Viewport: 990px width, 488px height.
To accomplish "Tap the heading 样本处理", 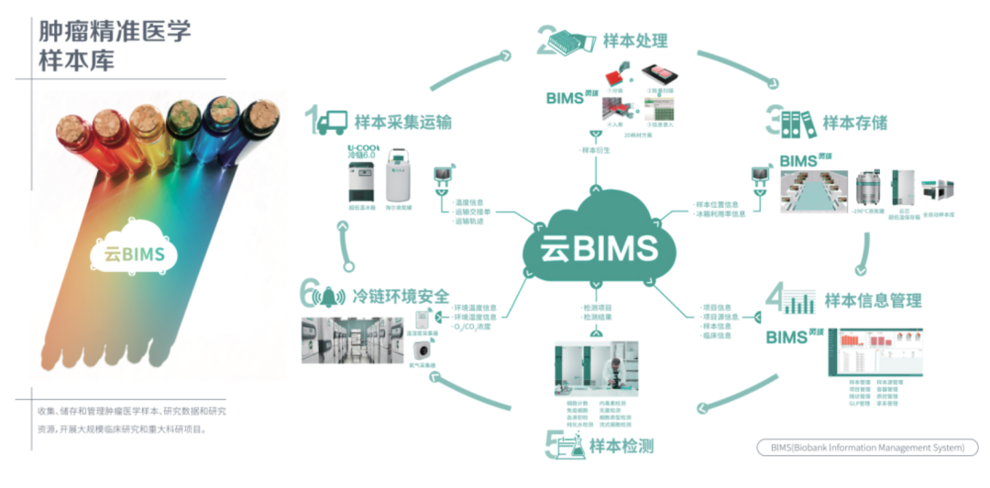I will tap(635, 41).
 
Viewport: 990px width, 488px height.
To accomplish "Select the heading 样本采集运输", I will tap(402, 122).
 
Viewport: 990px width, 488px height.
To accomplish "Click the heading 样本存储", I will tap(854, 123).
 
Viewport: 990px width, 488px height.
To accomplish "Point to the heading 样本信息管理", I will tap(873, 300).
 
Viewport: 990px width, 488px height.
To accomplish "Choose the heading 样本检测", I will tap(621, 446).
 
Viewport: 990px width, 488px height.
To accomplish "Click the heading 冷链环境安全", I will tap(401, 297).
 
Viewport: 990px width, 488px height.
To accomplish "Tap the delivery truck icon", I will tap(334, 121).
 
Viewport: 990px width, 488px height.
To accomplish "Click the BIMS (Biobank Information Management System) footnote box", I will tap(867, 448).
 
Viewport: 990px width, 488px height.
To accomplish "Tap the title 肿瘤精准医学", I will tap(115, 32).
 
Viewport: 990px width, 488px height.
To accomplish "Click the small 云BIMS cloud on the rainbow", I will tap(133, 252).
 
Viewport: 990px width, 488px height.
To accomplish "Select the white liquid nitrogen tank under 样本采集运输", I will tap(401, 177).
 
